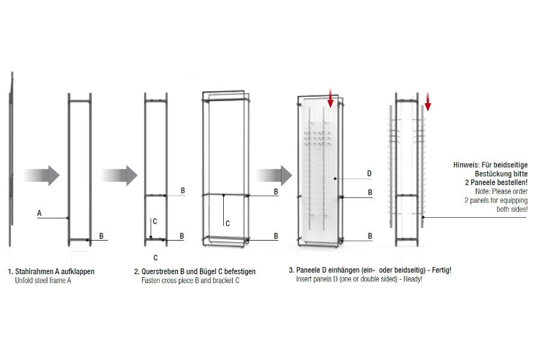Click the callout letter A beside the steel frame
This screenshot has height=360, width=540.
(x=39, y=213)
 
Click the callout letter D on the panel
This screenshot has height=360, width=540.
(x=369, y=173)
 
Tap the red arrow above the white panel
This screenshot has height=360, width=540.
(x=331, y=98)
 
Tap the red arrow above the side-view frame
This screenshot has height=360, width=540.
(x=428, y=101)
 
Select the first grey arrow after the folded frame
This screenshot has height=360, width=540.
(x=41, y=175)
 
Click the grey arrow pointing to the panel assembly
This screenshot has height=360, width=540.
(x=274, y=175)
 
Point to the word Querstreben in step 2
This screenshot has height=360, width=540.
(x=160, y=271)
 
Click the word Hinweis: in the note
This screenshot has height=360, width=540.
(x=466, y=165)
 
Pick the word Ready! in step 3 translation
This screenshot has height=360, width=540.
(x=413, y=279)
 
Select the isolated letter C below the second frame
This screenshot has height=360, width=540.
(x=155, y=257)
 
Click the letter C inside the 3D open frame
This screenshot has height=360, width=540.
(x=227, y=224)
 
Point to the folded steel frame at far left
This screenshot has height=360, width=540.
(x=11, y=159)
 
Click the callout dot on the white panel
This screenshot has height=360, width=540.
(x=335, y=178)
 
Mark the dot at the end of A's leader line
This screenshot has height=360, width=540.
(x=68, y=218)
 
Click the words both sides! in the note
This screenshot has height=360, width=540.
(x=512, y=209)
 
